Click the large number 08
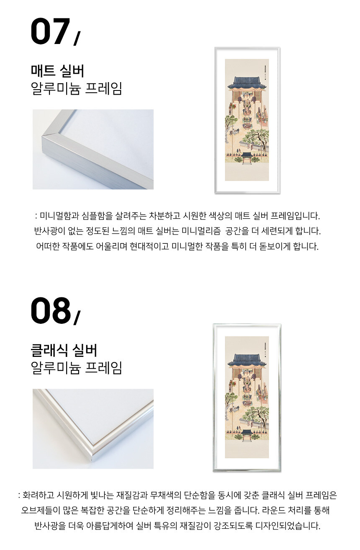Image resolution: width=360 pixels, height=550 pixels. (51, 310)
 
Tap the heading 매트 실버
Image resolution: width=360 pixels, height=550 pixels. (57, 71)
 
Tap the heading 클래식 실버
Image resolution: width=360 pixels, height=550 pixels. (64, 350)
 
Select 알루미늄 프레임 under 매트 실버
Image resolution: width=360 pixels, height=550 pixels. (76, 88)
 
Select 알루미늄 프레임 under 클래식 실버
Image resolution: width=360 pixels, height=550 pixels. (76, 367)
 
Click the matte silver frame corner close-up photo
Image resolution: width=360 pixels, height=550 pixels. (93, 149)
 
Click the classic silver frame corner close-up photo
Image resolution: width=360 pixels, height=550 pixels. (93, 429)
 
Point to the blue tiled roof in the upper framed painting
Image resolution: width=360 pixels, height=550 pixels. (247, 83)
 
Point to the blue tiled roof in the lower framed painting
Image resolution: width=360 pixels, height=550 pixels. (247, 360)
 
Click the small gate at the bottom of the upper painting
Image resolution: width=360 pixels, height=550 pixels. (247, 158)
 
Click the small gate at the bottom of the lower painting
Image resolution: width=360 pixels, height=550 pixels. (247, 435)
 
